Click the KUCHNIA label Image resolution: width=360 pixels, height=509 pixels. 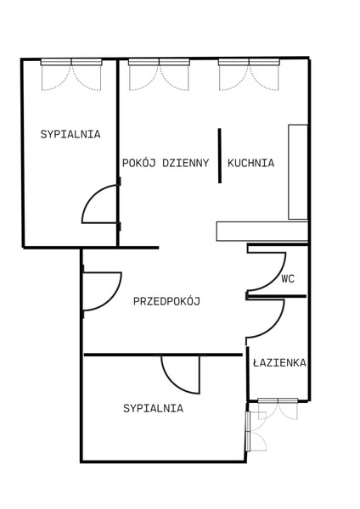250,163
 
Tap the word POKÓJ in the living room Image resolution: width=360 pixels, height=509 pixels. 139,162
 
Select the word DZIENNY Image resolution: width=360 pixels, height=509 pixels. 186,163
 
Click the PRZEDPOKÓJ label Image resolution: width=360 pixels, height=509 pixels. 166,301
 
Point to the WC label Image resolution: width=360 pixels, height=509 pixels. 288,279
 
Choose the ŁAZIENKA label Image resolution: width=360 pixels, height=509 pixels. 279,362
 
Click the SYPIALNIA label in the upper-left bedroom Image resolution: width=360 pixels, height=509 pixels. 70,134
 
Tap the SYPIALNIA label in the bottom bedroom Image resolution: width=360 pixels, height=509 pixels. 153,408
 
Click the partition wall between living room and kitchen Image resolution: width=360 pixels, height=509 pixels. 220,155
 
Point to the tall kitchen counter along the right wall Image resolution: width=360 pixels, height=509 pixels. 298,171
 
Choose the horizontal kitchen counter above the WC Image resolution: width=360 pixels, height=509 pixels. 262,232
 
